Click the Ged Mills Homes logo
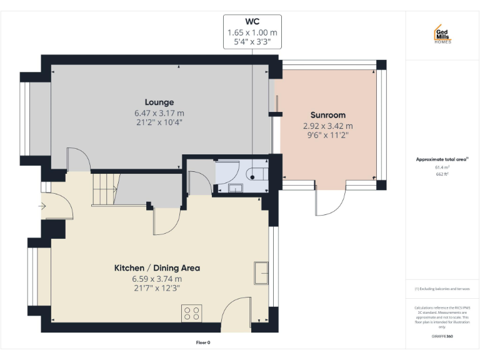(x=442, y=34)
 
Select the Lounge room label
(x=159, y=102)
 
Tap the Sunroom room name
(x=328, y=115)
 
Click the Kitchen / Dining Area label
(x=157, y=268)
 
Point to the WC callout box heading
(x=252, y=21)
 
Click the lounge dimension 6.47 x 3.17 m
(x=159, y=113)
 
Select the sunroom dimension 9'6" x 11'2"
(x=328, y=134)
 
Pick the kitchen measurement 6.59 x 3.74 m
(x=157, y=279)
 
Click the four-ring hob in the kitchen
(x=191, y=312)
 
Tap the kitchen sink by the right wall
(x=261, y=272)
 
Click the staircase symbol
(x=104, y=189)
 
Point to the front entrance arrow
(x=42, y=205)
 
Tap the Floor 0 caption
(x=204, y=342)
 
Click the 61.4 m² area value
(x=442, y=168)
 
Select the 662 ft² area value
(x=442, y=175)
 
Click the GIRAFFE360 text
(x=442, y=336)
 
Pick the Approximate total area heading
(x=441, y=159)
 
